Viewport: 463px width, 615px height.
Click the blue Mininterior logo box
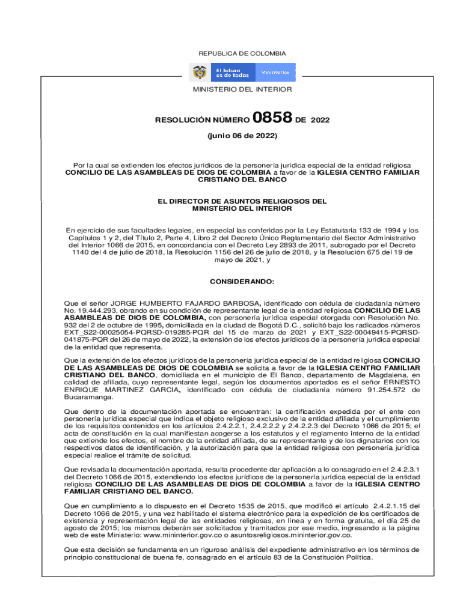275,73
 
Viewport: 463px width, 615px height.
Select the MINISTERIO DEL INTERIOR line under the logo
242,89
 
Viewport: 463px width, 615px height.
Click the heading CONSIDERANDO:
242,281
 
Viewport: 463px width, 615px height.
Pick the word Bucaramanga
89,398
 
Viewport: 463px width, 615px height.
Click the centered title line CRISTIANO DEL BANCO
242,180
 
